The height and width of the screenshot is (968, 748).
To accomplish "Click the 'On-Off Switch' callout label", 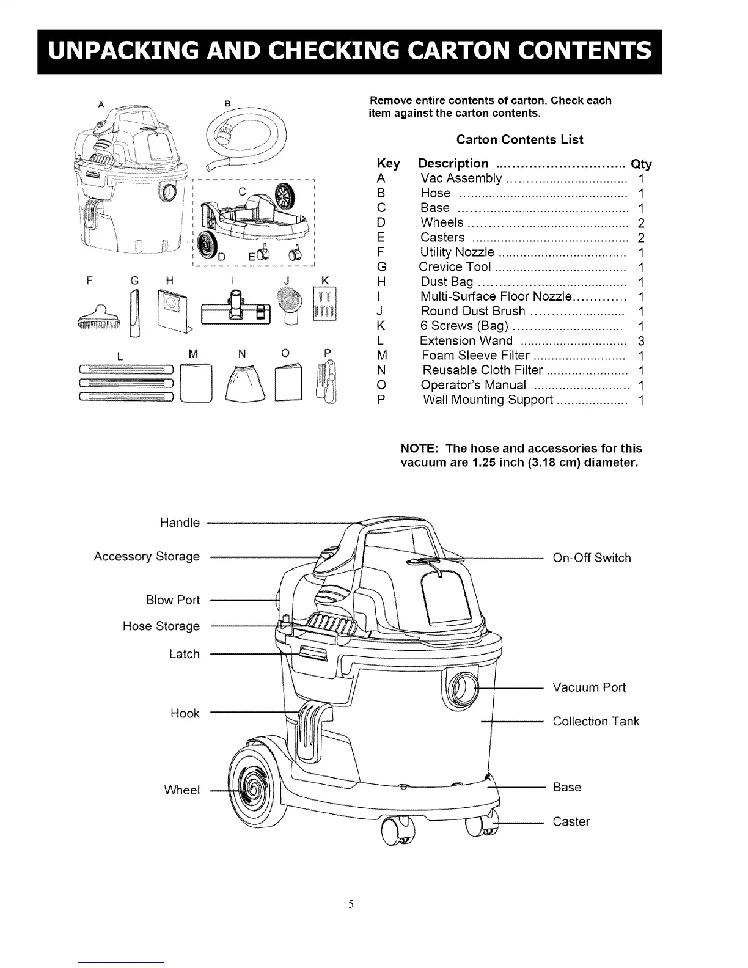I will tap(591, 557).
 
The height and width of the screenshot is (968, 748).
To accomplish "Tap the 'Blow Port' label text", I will tap(172, 600).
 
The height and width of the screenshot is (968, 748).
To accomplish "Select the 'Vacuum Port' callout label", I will tap(588, 687).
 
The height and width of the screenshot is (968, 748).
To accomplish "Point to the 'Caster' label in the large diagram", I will tap(571, 822).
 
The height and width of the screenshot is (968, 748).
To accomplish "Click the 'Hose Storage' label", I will tap(161, 626).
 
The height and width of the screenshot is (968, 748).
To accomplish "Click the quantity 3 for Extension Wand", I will tap(641, 341).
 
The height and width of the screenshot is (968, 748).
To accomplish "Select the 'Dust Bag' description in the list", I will tap(446, 282).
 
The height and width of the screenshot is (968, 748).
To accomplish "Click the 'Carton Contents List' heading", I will tap(519, 139).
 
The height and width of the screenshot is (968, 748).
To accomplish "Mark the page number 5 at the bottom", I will tap(351, 904).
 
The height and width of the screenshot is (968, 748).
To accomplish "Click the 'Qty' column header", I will tap(641, 164).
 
